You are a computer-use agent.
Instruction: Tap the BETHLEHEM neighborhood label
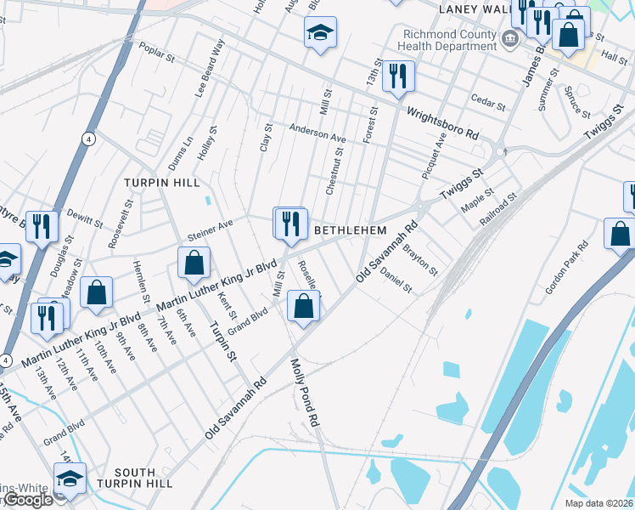351,231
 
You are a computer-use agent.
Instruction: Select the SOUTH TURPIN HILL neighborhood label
135,478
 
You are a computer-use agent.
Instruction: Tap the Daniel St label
395,281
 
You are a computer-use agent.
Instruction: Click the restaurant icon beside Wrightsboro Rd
398,77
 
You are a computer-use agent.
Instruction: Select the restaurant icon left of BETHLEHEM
290,224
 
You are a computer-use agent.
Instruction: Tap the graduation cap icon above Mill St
319,34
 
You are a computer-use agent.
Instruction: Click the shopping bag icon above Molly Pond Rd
304,306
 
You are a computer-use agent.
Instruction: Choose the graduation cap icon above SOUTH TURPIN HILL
70,479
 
